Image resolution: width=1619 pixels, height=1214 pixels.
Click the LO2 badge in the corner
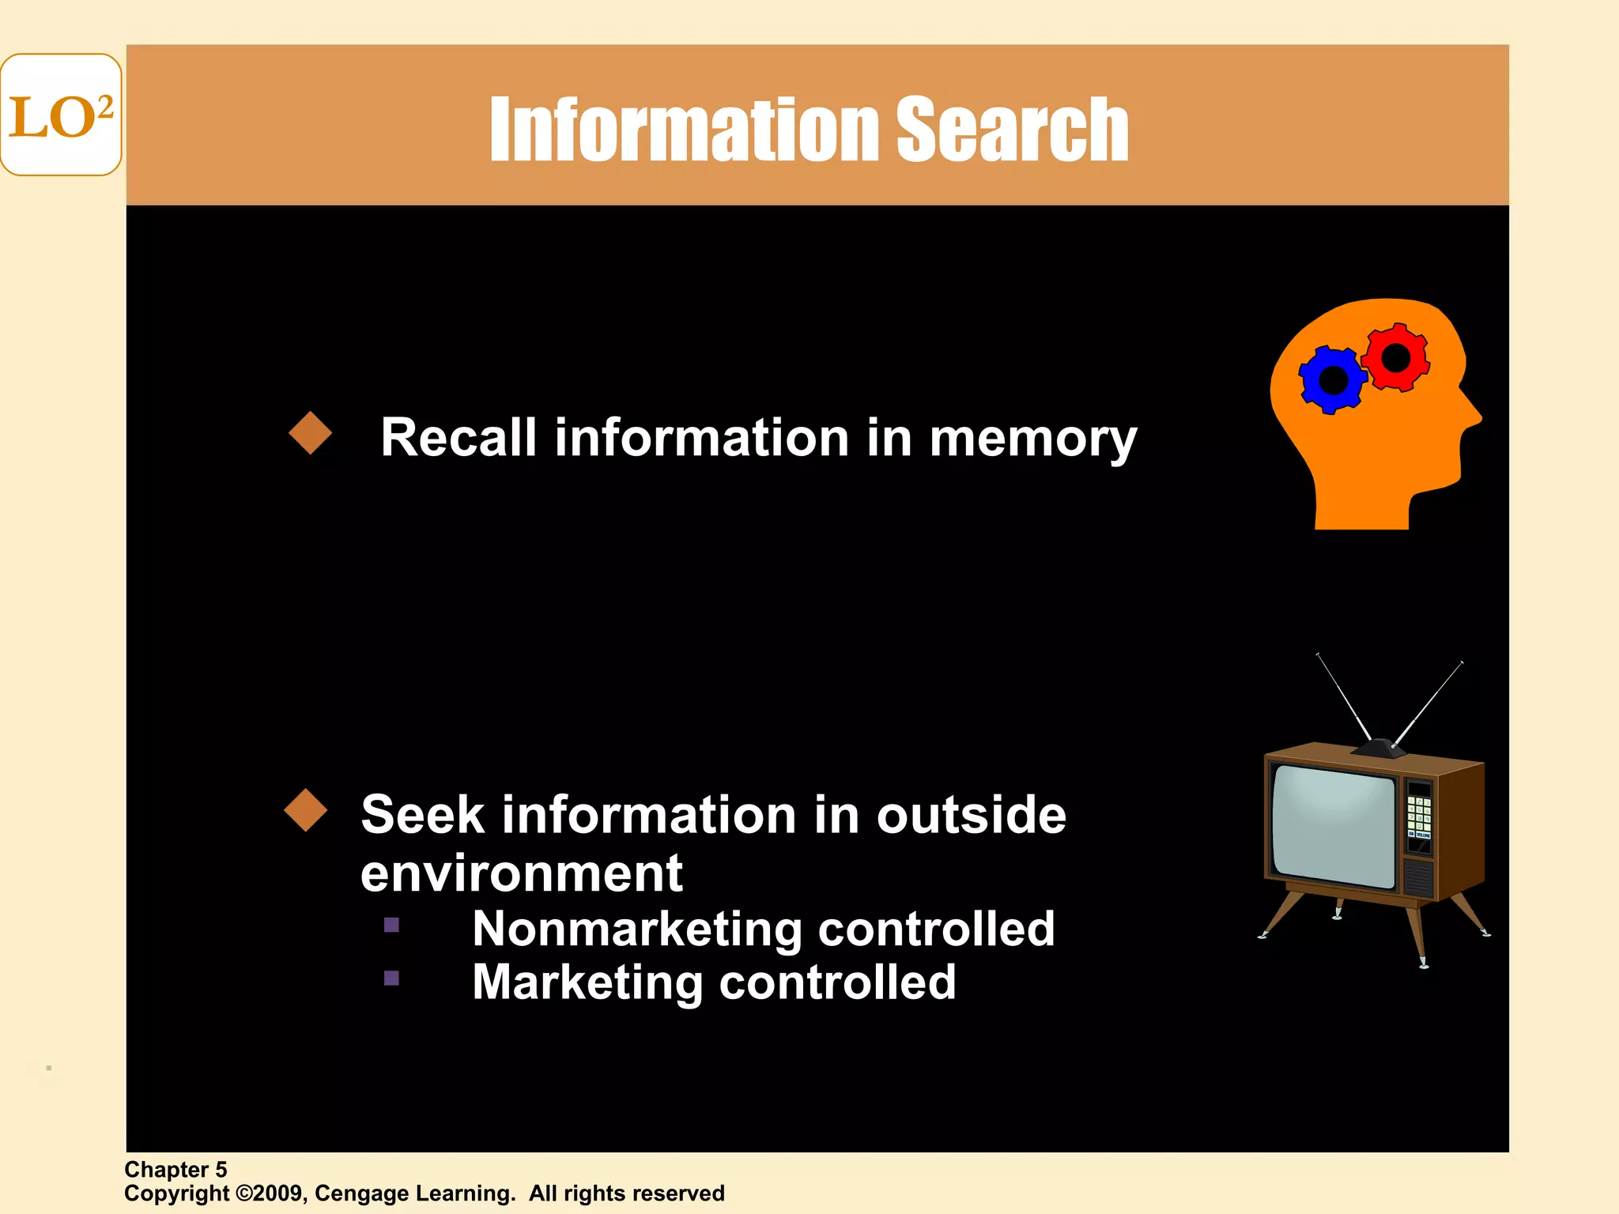click(x=61, y=115)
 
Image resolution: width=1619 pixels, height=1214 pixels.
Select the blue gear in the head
click(x=1333, y=380)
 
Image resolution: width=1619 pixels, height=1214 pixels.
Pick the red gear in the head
click(x=1396, y=358)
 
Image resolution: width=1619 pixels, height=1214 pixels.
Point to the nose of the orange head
click(x=1474, y=414)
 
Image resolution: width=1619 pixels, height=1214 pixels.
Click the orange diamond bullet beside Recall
click(x=311, y=433)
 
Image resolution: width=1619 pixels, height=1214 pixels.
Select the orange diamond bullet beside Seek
click(x=306, y=810)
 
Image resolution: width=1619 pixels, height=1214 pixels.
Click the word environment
click(x=522, y=873)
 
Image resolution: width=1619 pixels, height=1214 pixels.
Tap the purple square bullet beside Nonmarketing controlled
click(x=391, y=925)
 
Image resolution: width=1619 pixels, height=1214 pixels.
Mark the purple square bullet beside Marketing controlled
click(x=391, y=978)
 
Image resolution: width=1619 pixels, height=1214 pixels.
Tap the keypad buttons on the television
click(x=1419, y=814)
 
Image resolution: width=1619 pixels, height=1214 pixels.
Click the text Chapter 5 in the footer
click(x=175, y=1170)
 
